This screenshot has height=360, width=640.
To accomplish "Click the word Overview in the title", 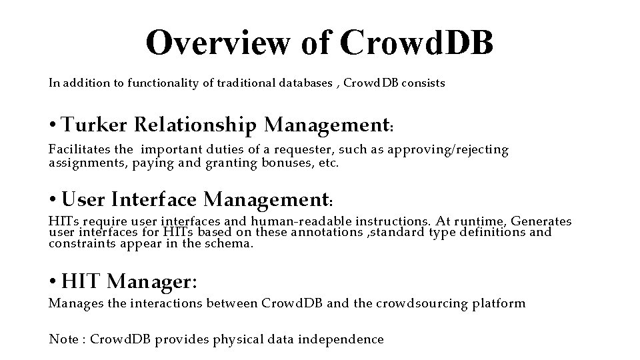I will coord(218,43).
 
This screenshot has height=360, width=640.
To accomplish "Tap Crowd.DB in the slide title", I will coord(417,43).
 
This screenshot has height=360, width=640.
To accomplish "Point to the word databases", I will coord(300,83).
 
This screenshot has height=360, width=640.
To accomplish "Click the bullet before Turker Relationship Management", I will coord(53,125).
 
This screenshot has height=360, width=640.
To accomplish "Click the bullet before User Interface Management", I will coord(53,199).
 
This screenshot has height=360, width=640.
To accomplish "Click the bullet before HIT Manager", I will coord(53,282).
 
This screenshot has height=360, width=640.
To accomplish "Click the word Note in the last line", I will coord(63,339).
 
